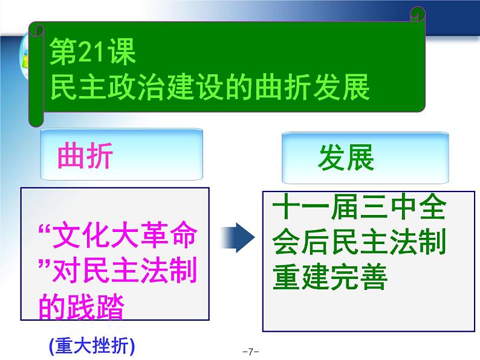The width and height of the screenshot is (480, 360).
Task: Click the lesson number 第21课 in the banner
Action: [x=92, y=52]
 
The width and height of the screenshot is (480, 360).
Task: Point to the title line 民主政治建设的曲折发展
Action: [x=210, y=87]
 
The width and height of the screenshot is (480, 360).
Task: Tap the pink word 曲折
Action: [x=85, y=155]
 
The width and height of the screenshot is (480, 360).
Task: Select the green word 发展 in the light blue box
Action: [x=346, y=157]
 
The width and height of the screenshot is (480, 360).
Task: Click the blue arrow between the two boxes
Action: [x=238, y=237]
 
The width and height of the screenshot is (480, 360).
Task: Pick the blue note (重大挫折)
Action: [x=92, y=346]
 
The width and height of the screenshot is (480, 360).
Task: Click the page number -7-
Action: [x=251, y=352]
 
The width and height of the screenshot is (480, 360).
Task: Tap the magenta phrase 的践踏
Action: [x=82, y=306]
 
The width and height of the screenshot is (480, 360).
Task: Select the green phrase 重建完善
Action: [x=330, y=276]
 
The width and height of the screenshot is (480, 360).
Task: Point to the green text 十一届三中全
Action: [x=358, y=207]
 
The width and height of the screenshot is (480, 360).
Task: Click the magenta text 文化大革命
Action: [x=125, y=235]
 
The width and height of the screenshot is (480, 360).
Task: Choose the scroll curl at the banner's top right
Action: [x=418, y=14]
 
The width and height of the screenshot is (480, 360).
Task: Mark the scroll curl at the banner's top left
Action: [x=37, y=30]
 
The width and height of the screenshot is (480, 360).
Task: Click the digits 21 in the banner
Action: [x=92, y=53]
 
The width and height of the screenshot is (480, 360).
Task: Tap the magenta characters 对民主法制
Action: [x=125, y=271]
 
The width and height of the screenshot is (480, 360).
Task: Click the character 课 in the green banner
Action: [x=122, y=52]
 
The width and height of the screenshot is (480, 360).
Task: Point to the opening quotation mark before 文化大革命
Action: [x=45, y=229]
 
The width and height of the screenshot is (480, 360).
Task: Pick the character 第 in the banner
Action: [x=63, y=52]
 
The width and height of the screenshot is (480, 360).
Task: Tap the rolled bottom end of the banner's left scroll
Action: [x=36, y=120]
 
